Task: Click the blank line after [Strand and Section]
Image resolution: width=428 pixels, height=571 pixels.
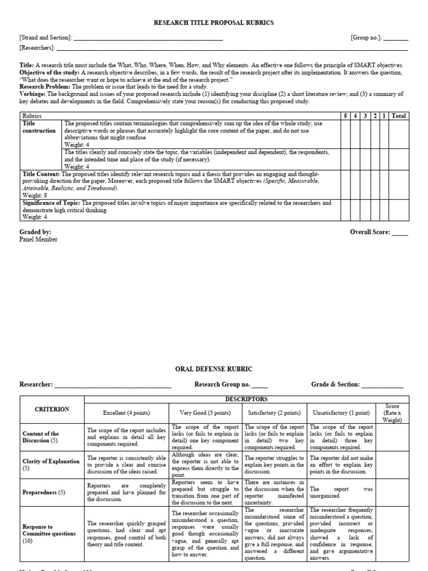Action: coord(148,38)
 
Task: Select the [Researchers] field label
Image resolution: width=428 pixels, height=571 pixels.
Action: coord(37,48)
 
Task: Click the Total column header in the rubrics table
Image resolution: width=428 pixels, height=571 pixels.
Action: coord(398,116)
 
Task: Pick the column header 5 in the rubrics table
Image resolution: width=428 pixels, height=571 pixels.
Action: coord(346,116)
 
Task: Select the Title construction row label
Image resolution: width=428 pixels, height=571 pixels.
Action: coord(39,127)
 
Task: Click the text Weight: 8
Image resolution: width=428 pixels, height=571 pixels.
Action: coord(35,195)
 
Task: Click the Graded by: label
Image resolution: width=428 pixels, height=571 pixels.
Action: coord(36,232)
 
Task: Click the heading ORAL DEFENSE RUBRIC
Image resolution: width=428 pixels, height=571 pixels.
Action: coord(214,369)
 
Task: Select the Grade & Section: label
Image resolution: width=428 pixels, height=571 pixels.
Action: coord(335,385)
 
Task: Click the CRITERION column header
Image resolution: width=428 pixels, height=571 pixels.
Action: coord(52,409)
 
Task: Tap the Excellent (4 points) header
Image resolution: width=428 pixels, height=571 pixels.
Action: coord(126,413)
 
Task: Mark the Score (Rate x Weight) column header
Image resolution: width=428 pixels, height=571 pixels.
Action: coord(392,413)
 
